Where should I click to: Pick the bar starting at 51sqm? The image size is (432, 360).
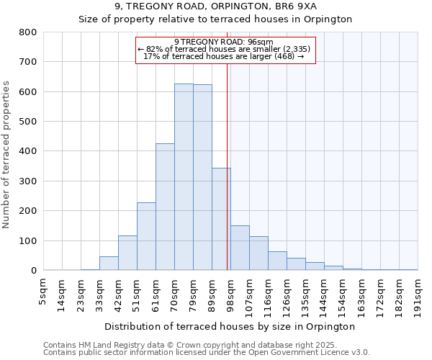pos(146,237)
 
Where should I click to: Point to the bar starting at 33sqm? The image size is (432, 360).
pos(109,264)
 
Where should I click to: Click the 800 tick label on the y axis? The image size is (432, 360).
pos(28,32)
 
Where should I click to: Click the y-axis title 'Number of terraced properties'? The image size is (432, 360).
pos(6,154)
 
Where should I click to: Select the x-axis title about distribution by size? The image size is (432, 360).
pos(230,327)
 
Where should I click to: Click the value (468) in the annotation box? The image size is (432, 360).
pos(282,56)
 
